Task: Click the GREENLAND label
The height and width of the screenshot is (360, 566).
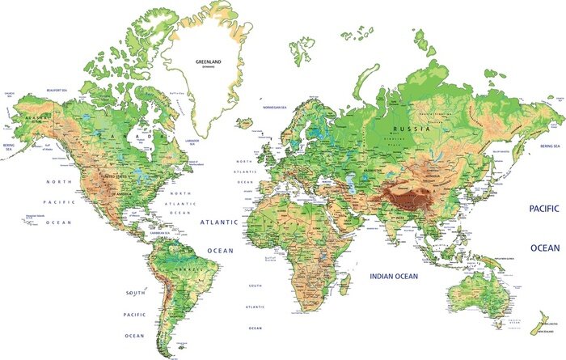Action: pos(209,61)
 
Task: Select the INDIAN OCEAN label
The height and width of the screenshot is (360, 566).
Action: pos(394,277)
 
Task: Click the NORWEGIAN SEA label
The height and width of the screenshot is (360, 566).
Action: pos(277,107)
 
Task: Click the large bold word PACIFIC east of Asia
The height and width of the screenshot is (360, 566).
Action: pos(545,209)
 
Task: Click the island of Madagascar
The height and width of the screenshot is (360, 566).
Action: pos(344,283)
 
